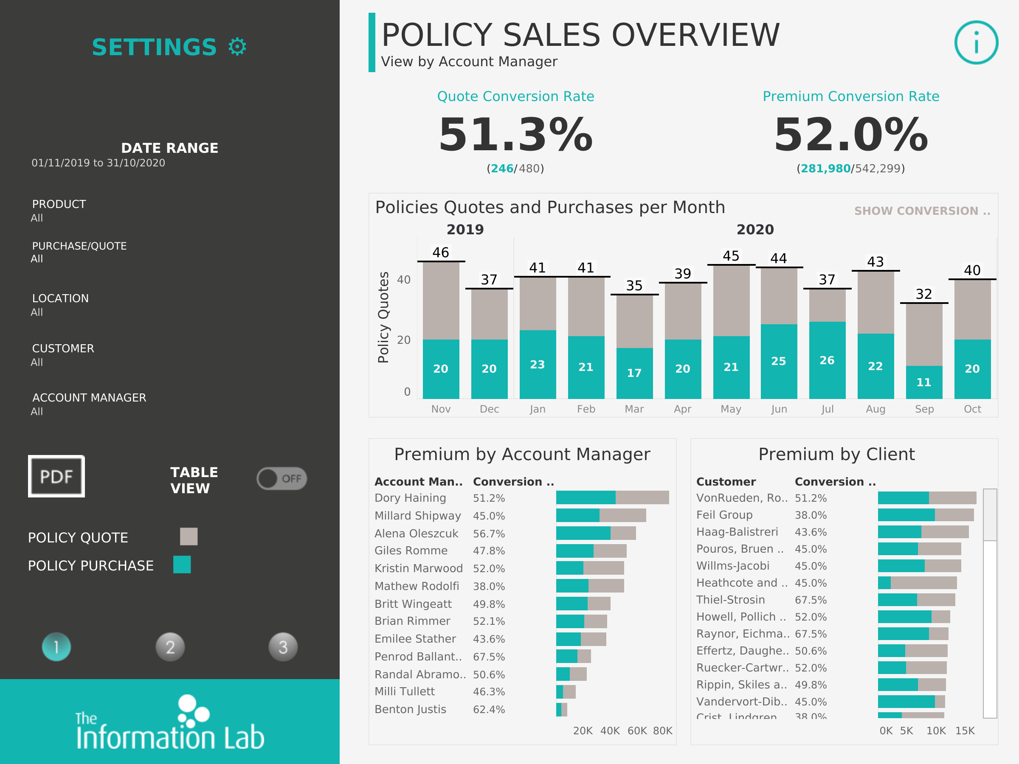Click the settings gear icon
point(237,47)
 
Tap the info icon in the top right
point(976,42)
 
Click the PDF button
point(56,476)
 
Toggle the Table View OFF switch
point(281,478)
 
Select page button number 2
point(170,647)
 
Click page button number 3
point(283,647)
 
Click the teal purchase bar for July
point(827,360)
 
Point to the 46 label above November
point(440,253)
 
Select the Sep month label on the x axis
point(923,409)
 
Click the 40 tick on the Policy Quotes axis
point(403,280)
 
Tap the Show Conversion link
point(922,211)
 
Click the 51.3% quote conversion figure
point(515,135)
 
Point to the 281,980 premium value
point(825,169)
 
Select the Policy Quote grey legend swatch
point(189,536)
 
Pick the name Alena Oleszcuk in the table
point(416,533)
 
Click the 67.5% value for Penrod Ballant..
point(489,657)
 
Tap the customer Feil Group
point(724,515)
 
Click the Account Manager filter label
point(89,397)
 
